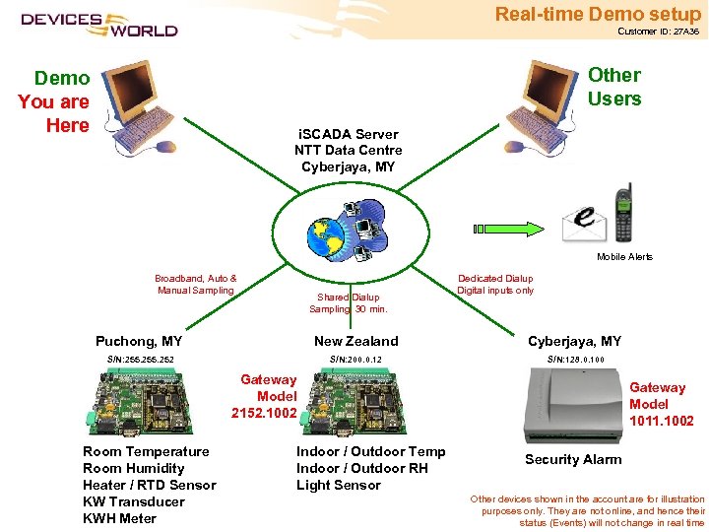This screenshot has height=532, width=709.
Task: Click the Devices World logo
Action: [98, 24]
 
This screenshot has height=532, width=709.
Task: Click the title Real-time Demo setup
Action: [598, 14]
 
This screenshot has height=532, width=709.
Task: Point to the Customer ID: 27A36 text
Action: [658, 32]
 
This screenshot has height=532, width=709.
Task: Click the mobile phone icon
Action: [622, 213]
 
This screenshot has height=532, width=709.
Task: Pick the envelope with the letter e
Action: [583, 223]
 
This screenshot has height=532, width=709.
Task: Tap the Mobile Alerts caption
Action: [624, 257]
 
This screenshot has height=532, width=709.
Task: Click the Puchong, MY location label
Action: [139, 341]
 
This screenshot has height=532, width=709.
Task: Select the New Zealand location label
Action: [355, 341]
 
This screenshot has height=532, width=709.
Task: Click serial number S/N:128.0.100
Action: [575, 360]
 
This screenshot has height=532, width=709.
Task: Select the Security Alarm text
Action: [572, 460]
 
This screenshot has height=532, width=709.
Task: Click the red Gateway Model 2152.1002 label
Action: [264, 396]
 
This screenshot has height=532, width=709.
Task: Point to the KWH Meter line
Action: [119, 518]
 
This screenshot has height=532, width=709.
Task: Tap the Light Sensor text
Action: [338, 485]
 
